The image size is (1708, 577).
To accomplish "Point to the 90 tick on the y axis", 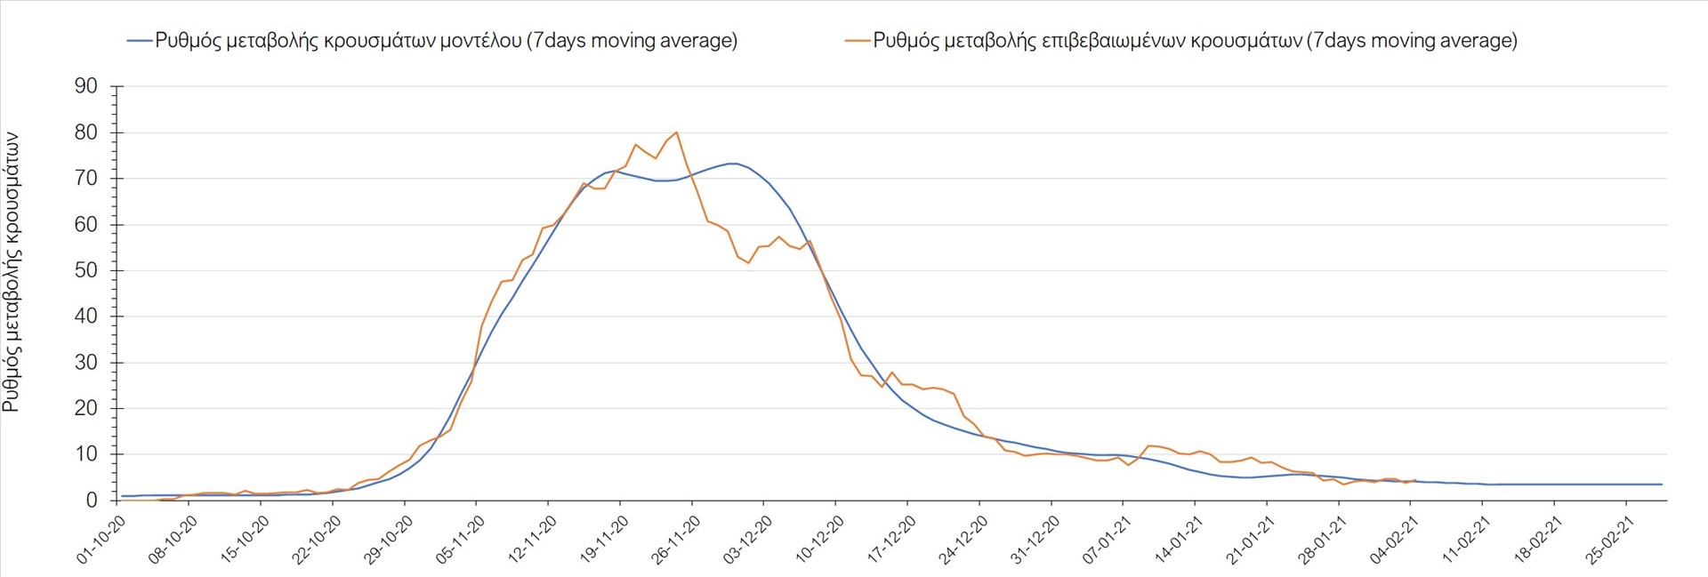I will click(x=86, y=86).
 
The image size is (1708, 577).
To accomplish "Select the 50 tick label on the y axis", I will click(x=86, y=270).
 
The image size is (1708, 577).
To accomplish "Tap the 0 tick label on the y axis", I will click(x=92, y=501).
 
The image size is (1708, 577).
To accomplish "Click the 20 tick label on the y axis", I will click(x=86, y=408).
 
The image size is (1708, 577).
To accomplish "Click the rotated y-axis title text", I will click(x=12, y=272).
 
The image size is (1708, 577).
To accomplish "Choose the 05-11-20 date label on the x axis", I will click(x=460, y=540).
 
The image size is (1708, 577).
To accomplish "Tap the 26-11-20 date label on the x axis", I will click(x=675, y=540).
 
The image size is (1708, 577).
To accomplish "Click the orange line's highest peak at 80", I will click(x=677, y=132).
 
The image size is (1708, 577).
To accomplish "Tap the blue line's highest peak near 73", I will click(x=732, y=164).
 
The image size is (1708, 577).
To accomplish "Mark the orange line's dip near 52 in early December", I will click(x=748, y=263).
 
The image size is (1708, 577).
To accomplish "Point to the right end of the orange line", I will click(x=1414, y=480).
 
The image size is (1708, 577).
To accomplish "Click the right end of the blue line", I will click(x=1662, y=485).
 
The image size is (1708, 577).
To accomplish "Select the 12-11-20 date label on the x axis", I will click(x=532, y=540).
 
